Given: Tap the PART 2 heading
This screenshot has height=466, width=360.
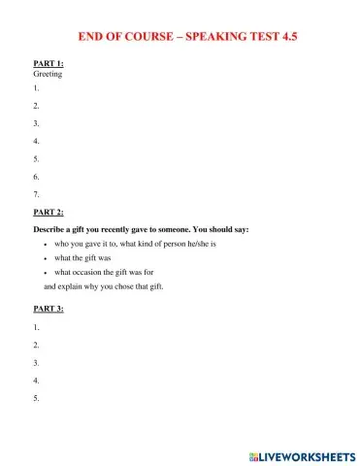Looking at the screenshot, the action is click(x=49, y=211).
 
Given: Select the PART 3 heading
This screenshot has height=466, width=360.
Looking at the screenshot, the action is click(x=49, y=310).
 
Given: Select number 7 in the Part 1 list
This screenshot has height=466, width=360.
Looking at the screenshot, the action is click(x=36, y=193).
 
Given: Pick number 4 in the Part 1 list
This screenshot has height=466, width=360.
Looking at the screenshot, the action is click(x=36, y=141).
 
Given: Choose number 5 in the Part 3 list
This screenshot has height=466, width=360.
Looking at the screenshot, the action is click(x=36, y=398).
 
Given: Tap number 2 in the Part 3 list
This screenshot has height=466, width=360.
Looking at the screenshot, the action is click(x=36, y=345).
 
